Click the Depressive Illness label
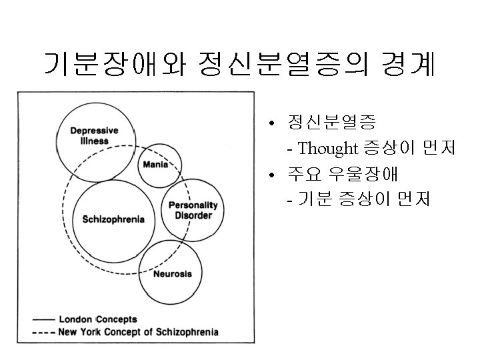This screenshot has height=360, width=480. (x=94, y=135)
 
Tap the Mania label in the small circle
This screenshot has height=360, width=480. (x=155, y=165)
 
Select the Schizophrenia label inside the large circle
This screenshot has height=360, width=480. (x=113, y=220)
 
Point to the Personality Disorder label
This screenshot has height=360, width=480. (x=193, y=210)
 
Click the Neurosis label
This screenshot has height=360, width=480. (x=173, y=273)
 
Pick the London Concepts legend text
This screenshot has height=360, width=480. (x=97, y=319)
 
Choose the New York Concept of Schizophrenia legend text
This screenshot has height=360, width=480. (x=138, y=331)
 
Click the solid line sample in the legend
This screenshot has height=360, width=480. (x=43, y=319)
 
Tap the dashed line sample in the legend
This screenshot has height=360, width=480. (x=43, y=331)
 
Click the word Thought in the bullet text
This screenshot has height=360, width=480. (x=328, y=148)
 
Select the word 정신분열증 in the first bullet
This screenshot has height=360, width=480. (x=331, y=123)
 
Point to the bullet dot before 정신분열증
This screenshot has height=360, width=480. (x=271, y=125)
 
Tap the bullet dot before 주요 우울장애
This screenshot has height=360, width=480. (x=271, y=176)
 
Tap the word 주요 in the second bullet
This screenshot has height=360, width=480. (x=304, y=174)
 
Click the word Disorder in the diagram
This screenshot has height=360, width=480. (x=193, y=215)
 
